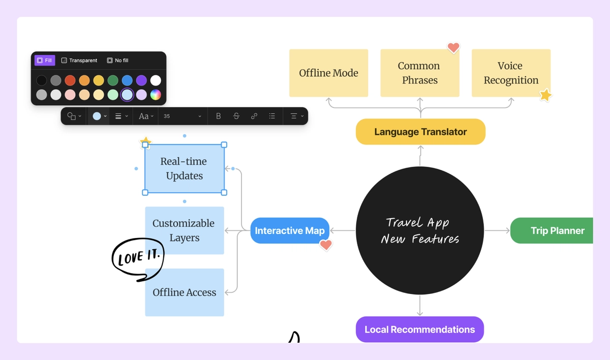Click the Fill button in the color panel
(x=45, y=61)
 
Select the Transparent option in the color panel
(x=79, y=61)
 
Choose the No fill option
(x=117, y=61)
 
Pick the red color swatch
(x=70, y=80)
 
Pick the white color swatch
(x=156, y=80)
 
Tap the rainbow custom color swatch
(x=156, y=95)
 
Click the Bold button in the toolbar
(x=218, y=116)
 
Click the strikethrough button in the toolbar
(x=236, y=116)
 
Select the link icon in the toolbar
(x=254, y=116)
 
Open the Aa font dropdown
(x=146, y=116)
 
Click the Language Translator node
(x=420, y=132)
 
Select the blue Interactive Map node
(x=289, y=231)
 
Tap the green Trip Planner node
(x=554, y=231)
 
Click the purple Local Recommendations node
(x=419, y=329)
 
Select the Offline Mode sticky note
(x=328, y=73)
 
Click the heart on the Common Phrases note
(x=453, y=48)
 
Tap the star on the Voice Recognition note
(x=545, y=95)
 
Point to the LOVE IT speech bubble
(x=137, y=258)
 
